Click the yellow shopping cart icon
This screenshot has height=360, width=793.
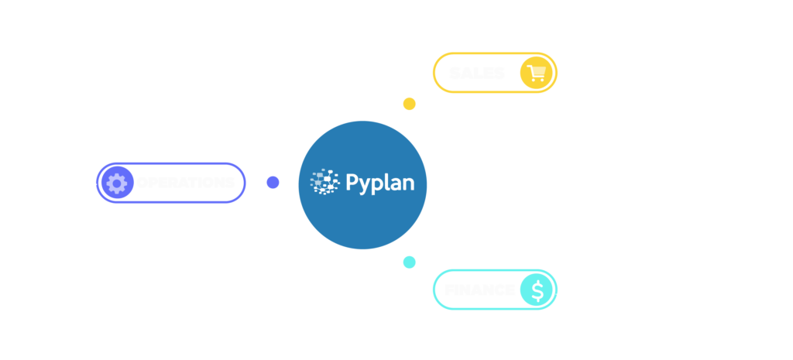pos(536,74)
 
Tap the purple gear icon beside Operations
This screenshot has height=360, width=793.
pos(117,183)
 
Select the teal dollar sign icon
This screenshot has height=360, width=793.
pos(536,290)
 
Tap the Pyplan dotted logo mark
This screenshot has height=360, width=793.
pos(325,181)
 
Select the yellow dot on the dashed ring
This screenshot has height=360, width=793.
pos(409,104)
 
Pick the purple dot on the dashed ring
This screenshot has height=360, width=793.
pos(273,182)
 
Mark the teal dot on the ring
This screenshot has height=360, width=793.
pos(409,262)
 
